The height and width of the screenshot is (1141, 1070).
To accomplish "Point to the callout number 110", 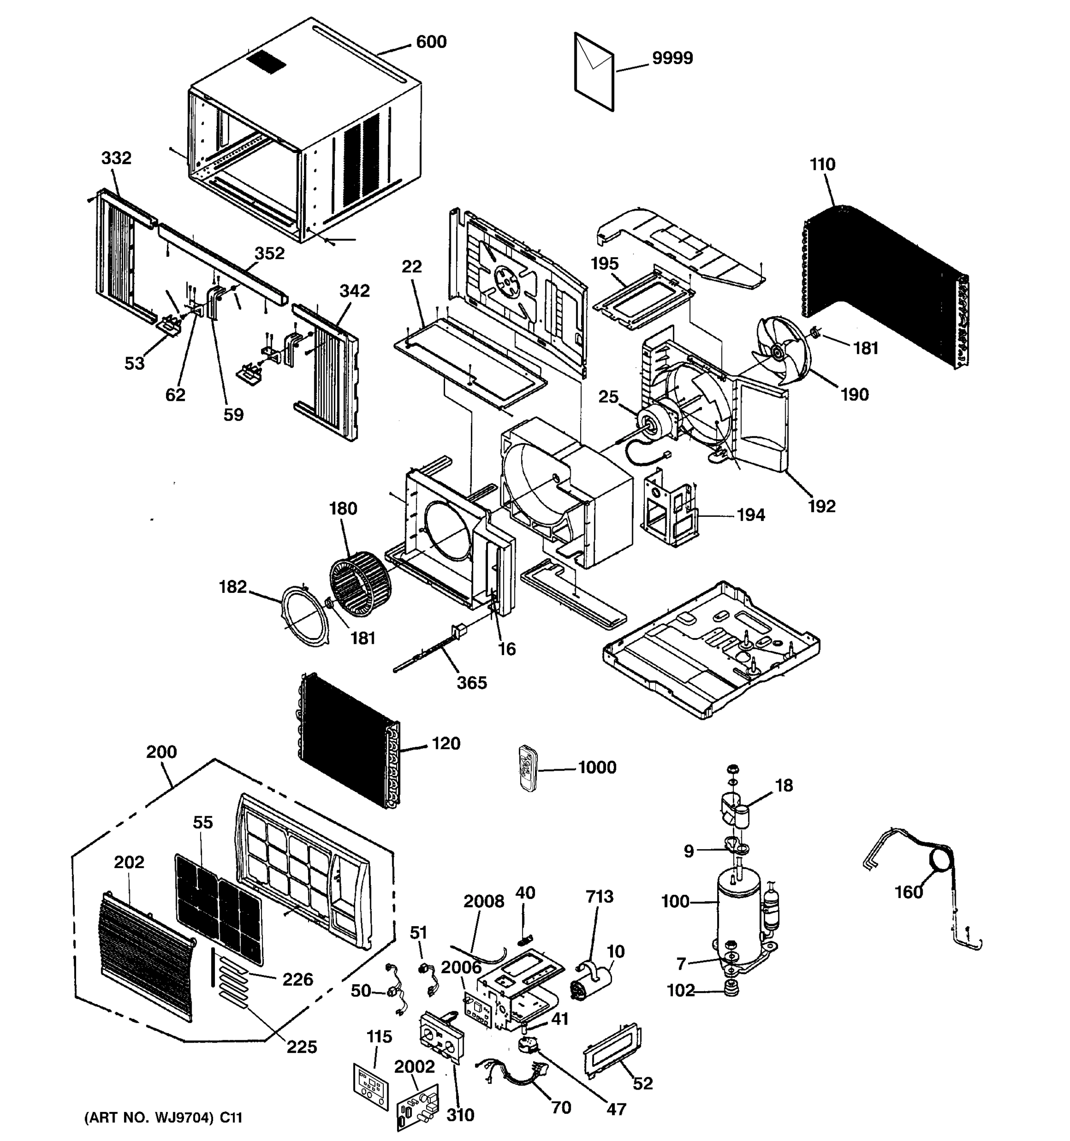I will (822, 164).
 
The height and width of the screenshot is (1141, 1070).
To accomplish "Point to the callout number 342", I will (354, 291).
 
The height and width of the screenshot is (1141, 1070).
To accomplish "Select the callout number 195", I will (604, 263).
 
